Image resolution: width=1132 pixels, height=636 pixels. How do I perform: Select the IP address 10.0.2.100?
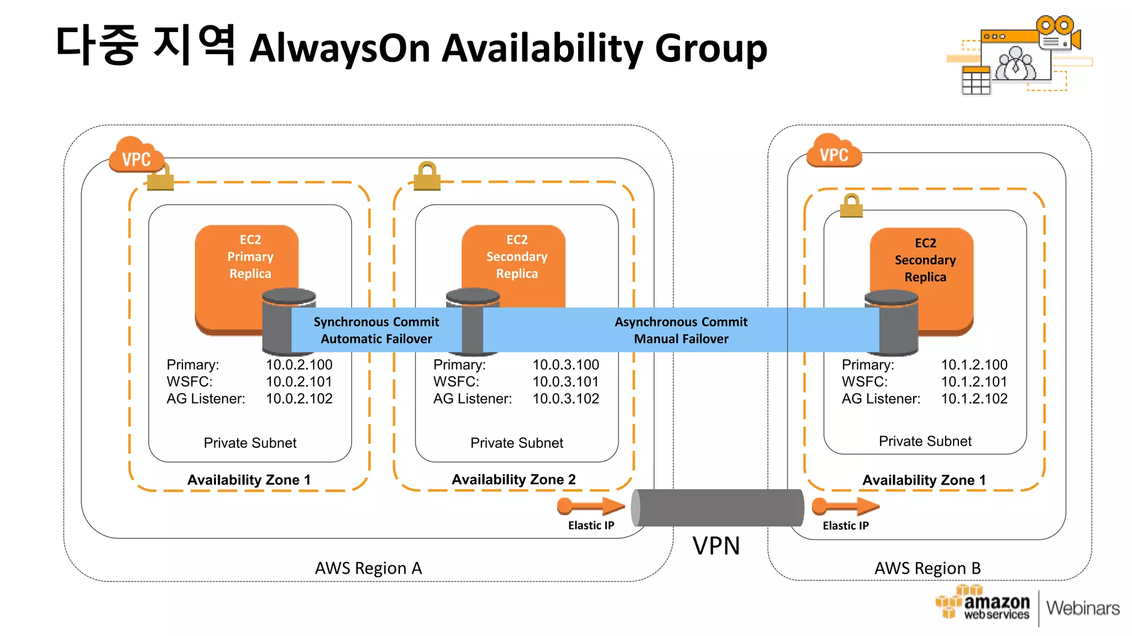click(x=299, y=365)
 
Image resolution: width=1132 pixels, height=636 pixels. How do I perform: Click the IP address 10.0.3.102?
click(x=565, y=399)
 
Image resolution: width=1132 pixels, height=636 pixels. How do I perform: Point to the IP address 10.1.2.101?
click(x=974, y=381)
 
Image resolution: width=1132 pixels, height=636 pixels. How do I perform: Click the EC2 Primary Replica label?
click(x=250, y=257)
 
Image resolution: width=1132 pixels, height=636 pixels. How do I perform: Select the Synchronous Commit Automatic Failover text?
click(x=376, y=330)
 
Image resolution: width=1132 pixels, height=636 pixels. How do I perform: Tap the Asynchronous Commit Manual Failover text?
click(x=681, y=330)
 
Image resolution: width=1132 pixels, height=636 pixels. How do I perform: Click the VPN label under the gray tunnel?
click(x=716, y=546)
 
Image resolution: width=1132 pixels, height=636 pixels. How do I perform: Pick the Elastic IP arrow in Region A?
click(x=591, y=506)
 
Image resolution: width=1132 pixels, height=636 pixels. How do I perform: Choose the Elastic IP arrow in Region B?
click(x=845, y=506)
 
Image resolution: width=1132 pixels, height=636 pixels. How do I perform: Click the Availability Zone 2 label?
click(x=513, y=479)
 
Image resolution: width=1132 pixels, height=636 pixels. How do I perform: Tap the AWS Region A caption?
click(x=368, y=568)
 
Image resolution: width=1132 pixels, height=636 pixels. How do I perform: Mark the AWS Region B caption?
click(x=927, y=568)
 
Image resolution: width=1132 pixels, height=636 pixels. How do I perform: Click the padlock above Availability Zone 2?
click(x=427, y=176)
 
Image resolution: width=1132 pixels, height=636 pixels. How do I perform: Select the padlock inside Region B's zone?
click(x=851, y=205)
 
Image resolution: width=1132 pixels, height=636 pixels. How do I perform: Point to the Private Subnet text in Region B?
click(x=925, y=441)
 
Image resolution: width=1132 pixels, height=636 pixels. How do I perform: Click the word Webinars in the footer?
click(x=1082, y=608)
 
